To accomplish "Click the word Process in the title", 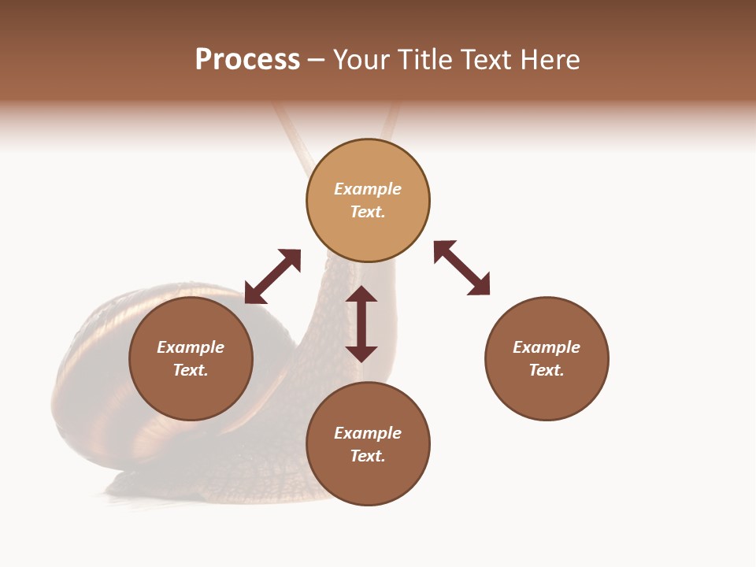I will pyautogui.click(x=247, y=60).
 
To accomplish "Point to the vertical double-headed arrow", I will pyautogui.click(x=361, y=324).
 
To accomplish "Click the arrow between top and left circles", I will pyautogui.click(x=272, y=276).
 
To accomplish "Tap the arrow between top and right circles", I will pyautogui.click(x=461, y=268).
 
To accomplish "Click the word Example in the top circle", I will pyautogui.click(x=368, y=189).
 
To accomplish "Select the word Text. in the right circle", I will pyautogui.click(x=547, y=370).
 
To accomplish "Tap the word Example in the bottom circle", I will pyautogui.click(x=368, y=433).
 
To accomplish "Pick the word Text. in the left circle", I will pyautogui.click(x=191, y=370).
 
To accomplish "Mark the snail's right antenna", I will pyautogui.click(x=390, y=126).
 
